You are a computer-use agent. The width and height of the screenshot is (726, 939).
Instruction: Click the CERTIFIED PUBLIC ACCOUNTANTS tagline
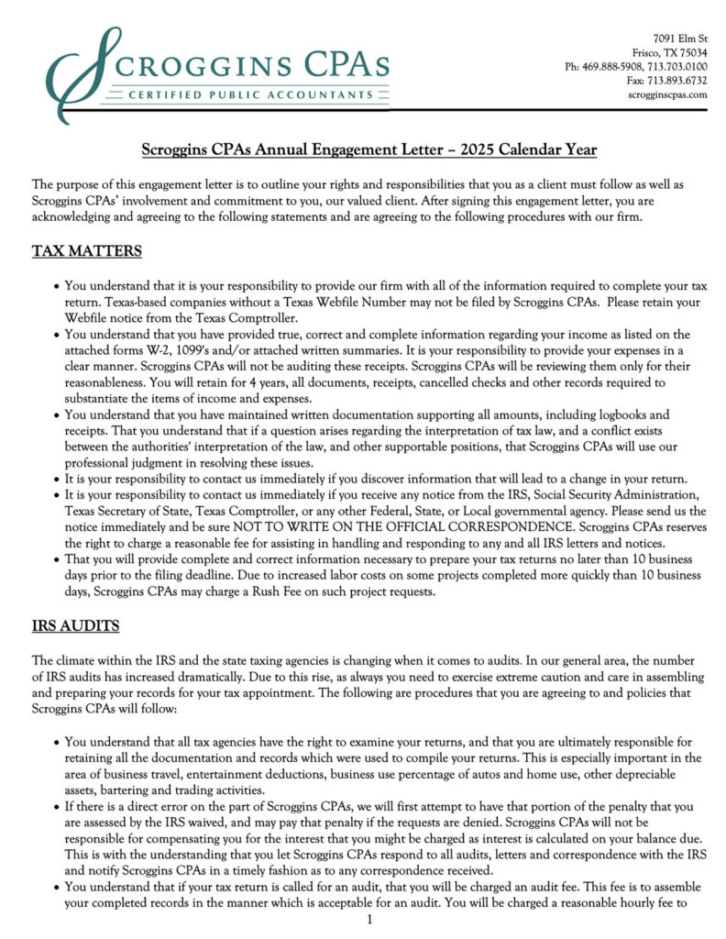pyautogui.click(x=242, y=94)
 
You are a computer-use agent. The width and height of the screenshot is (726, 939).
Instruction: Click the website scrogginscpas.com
pyautogui.click(x=668, y=94)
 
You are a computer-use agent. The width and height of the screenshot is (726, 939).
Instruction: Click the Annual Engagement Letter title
pyautogui.click(x=369, y=149)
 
